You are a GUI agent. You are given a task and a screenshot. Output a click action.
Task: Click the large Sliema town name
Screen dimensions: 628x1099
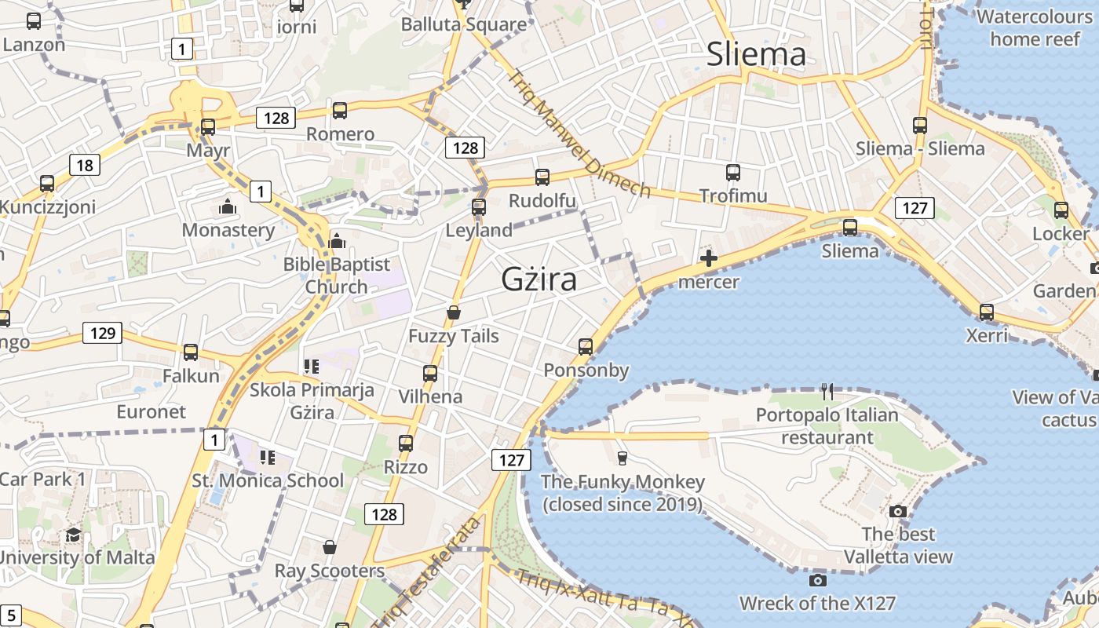click(756, 54)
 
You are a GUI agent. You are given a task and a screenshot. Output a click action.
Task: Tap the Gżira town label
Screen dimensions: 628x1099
click(539, 279)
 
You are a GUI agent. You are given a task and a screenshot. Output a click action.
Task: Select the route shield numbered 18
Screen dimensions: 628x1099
click(84, 165)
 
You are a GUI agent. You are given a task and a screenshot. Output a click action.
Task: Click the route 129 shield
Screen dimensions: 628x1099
click(103, 333)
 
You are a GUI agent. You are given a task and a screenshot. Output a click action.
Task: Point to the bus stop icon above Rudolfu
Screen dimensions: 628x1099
click(542, 177)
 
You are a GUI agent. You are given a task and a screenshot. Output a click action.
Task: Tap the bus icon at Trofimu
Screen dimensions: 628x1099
click(733, 173)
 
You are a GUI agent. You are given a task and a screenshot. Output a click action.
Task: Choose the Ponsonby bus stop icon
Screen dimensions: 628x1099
click(585, 347)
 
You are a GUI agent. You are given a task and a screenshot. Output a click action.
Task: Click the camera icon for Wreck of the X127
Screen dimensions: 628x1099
click(817, 580)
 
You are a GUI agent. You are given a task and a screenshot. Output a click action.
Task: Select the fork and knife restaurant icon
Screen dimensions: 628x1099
click(827, 391)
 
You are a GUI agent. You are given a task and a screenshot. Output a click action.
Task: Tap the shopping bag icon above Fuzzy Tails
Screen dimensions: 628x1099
click(453, 312)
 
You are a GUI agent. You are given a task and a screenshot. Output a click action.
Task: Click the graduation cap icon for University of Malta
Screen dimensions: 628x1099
click(73, 535)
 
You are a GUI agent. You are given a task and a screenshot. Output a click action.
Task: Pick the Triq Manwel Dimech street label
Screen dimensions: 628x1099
click(579, 134)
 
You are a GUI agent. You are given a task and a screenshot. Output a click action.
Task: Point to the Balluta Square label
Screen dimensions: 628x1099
click(464, 24)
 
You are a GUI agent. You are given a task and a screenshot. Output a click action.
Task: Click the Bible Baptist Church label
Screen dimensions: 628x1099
click(336, 276)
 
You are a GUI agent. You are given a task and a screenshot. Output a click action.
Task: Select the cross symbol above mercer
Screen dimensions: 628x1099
click(708, 257)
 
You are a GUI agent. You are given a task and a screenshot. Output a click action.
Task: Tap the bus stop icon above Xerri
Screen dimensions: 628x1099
click(986, 312)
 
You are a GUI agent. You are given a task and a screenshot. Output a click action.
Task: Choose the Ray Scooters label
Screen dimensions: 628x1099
click(330, 571)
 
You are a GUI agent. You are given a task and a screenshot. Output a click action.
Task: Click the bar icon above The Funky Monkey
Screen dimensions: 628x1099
click(623, 458)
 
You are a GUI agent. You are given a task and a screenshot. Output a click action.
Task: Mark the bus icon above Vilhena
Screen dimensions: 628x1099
click(429, 373)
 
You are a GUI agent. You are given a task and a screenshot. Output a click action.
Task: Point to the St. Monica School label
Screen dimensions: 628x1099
click(268, 480)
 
